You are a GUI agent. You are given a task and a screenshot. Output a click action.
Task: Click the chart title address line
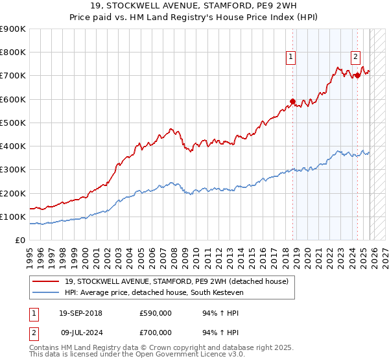coord(194,6)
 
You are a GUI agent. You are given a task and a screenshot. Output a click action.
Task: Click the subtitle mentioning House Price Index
coord(194,18)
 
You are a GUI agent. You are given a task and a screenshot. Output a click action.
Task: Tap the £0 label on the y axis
coord(19,240)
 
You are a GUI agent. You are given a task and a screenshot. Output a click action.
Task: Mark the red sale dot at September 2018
coord(292,101)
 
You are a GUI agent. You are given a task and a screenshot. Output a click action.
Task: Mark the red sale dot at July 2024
coord(357,75)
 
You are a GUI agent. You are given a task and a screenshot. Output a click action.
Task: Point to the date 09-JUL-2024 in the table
coord(80,333)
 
